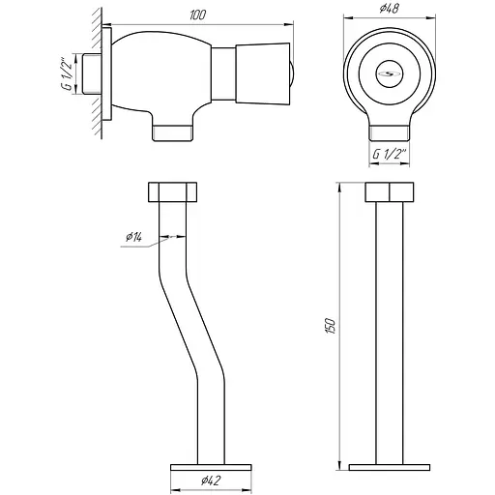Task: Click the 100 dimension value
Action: (x=197, y=15)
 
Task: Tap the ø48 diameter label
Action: (x=390, y=8)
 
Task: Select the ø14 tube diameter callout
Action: (x=133, y=237)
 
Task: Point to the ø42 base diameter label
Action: (x=211, y=480)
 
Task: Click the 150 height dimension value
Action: (x=331, y=326)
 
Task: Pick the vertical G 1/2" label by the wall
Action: (x=67, y=74)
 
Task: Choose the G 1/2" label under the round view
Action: (x=389, y=154)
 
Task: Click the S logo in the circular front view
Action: (x=390, y=73)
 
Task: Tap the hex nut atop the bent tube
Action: (x=172, y=192)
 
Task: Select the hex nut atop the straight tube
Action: (x=390, y=192)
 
